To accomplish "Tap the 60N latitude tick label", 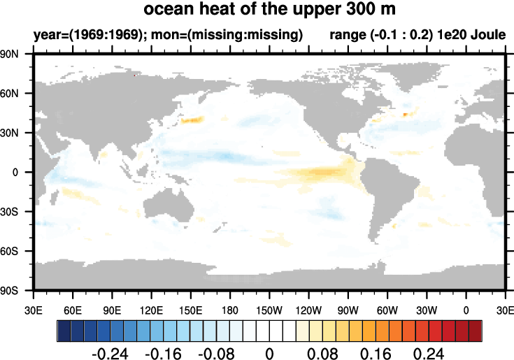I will click(x=17, y=93).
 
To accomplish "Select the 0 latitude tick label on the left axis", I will click(x=24, y=172).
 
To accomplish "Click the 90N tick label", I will click(x=17, y=54).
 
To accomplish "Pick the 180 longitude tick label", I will click(x=230, y=308).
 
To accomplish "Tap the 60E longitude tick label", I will click(x=73, y=308).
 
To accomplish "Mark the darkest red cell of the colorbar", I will click(x=476, y=329).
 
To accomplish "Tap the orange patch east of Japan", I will click(x=192, y=120).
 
